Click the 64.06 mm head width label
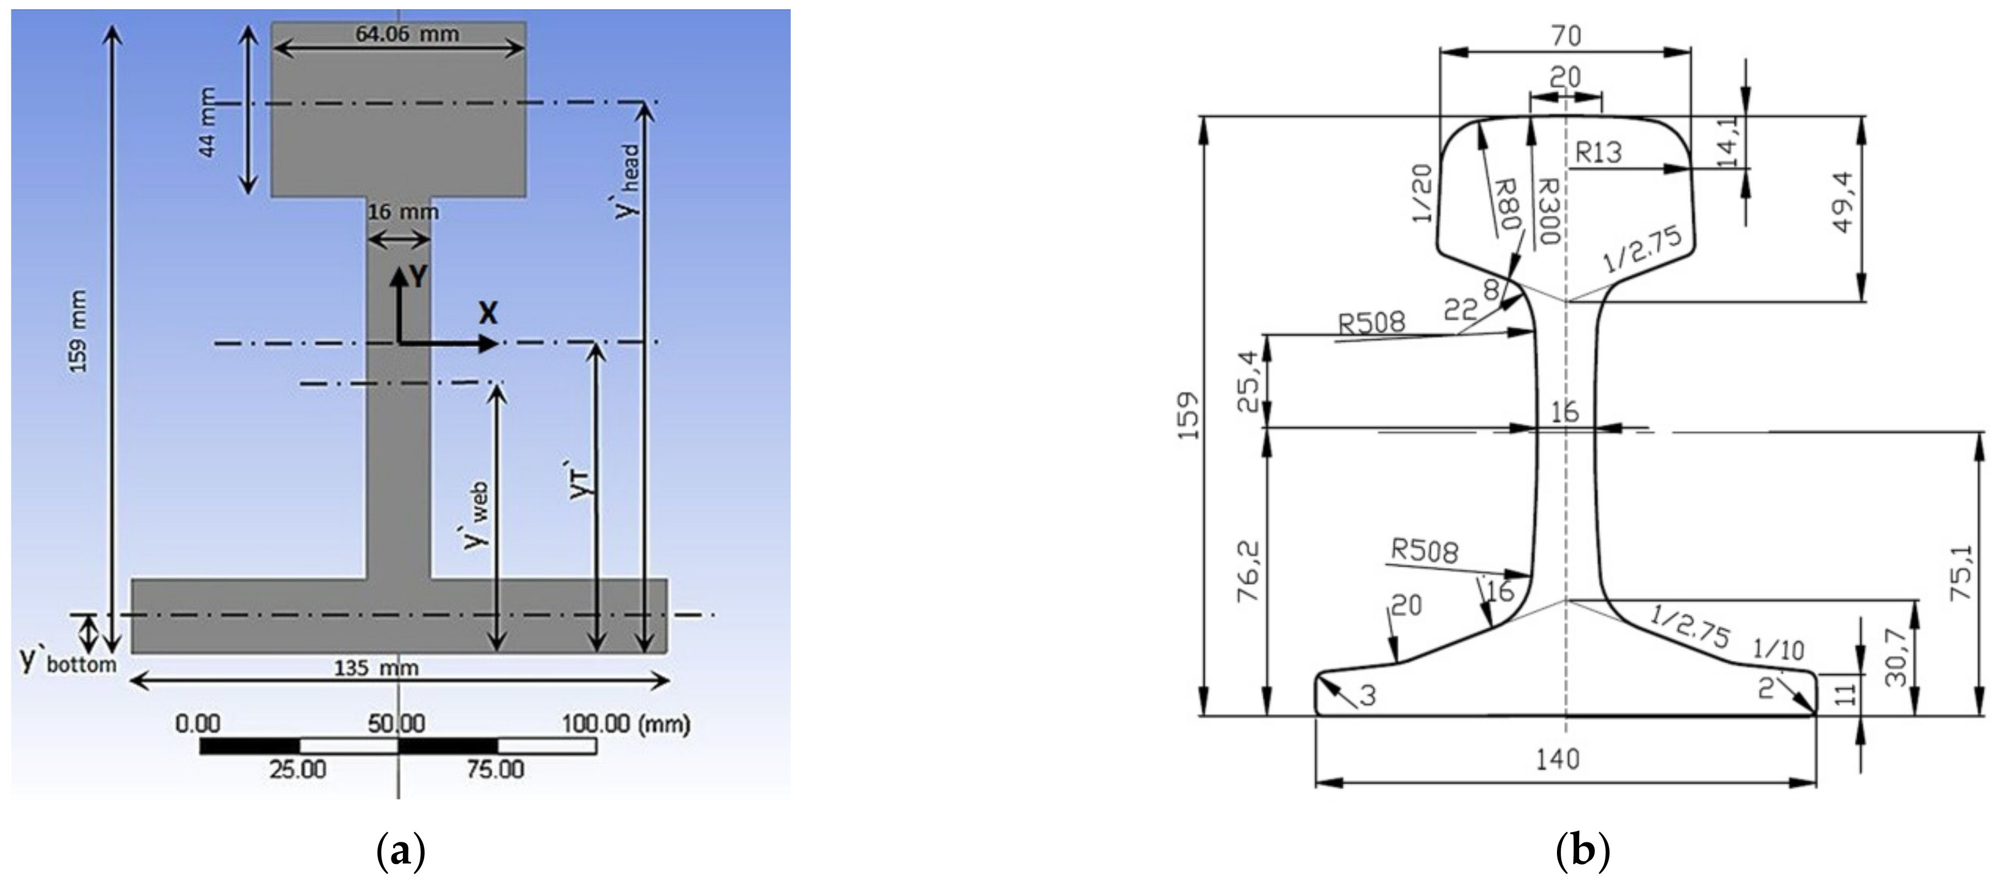tap(407, 34)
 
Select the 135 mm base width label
tap(376, 668)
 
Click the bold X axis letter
tap(488, 313)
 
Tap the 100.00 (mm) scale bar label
tap(625, 725)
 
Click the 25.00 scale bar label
tap(297, 770)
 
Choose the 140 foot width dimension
tap(1558, 759)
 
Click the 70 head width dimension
tap(1565, 36)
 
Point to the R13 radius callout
tap(1599, 153)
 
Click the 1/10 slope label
tap(1779, 649)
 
